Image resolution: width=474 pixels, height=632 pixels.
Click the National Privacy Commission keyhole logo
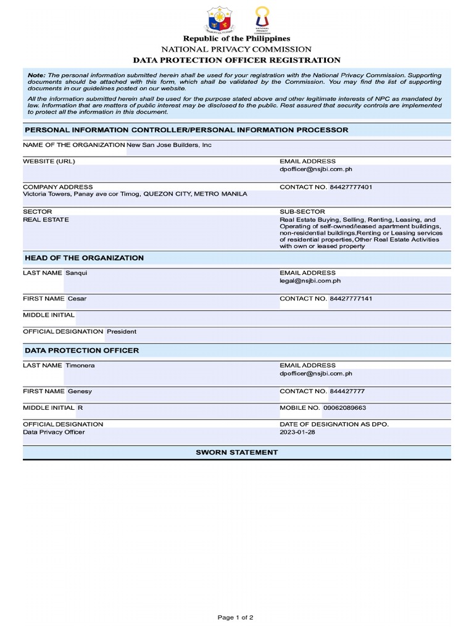[262, 18]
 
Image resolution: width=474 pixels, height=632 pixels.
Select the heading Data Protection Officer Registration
[237, 60]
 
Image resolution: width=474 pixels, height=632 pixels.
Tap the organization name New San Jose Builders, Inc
[169, 145]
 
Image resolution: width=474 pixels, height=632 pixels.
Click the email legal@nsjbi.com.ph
[310, 281]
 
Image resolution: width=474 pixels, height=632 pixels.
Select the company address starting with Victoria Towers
[135, 194]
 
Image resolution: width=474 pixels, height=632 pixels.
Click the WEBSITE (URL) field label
[49, 161]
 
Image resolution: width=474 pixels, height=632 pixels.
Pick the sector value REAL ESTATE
[46, 220]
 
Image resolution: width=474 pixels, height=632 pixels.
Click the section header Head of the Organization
[84, 258]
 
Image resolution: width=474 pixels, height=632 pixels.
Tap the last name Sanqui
[77, 273]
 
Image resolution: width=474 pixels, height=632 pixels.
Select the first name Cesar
[77, 299]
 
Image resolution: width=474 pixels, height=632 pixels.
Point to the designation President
[122, 331]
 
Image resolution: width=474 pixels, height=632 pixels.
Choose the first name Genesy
[80, 391]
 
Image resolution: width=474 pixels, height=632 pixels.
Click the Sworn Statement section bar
[237, 452]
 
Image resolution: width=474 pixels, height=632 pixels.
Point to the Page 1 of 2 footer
[236, 617]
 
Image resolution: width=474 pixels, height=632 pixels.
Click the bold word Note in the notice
[36, 75]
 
